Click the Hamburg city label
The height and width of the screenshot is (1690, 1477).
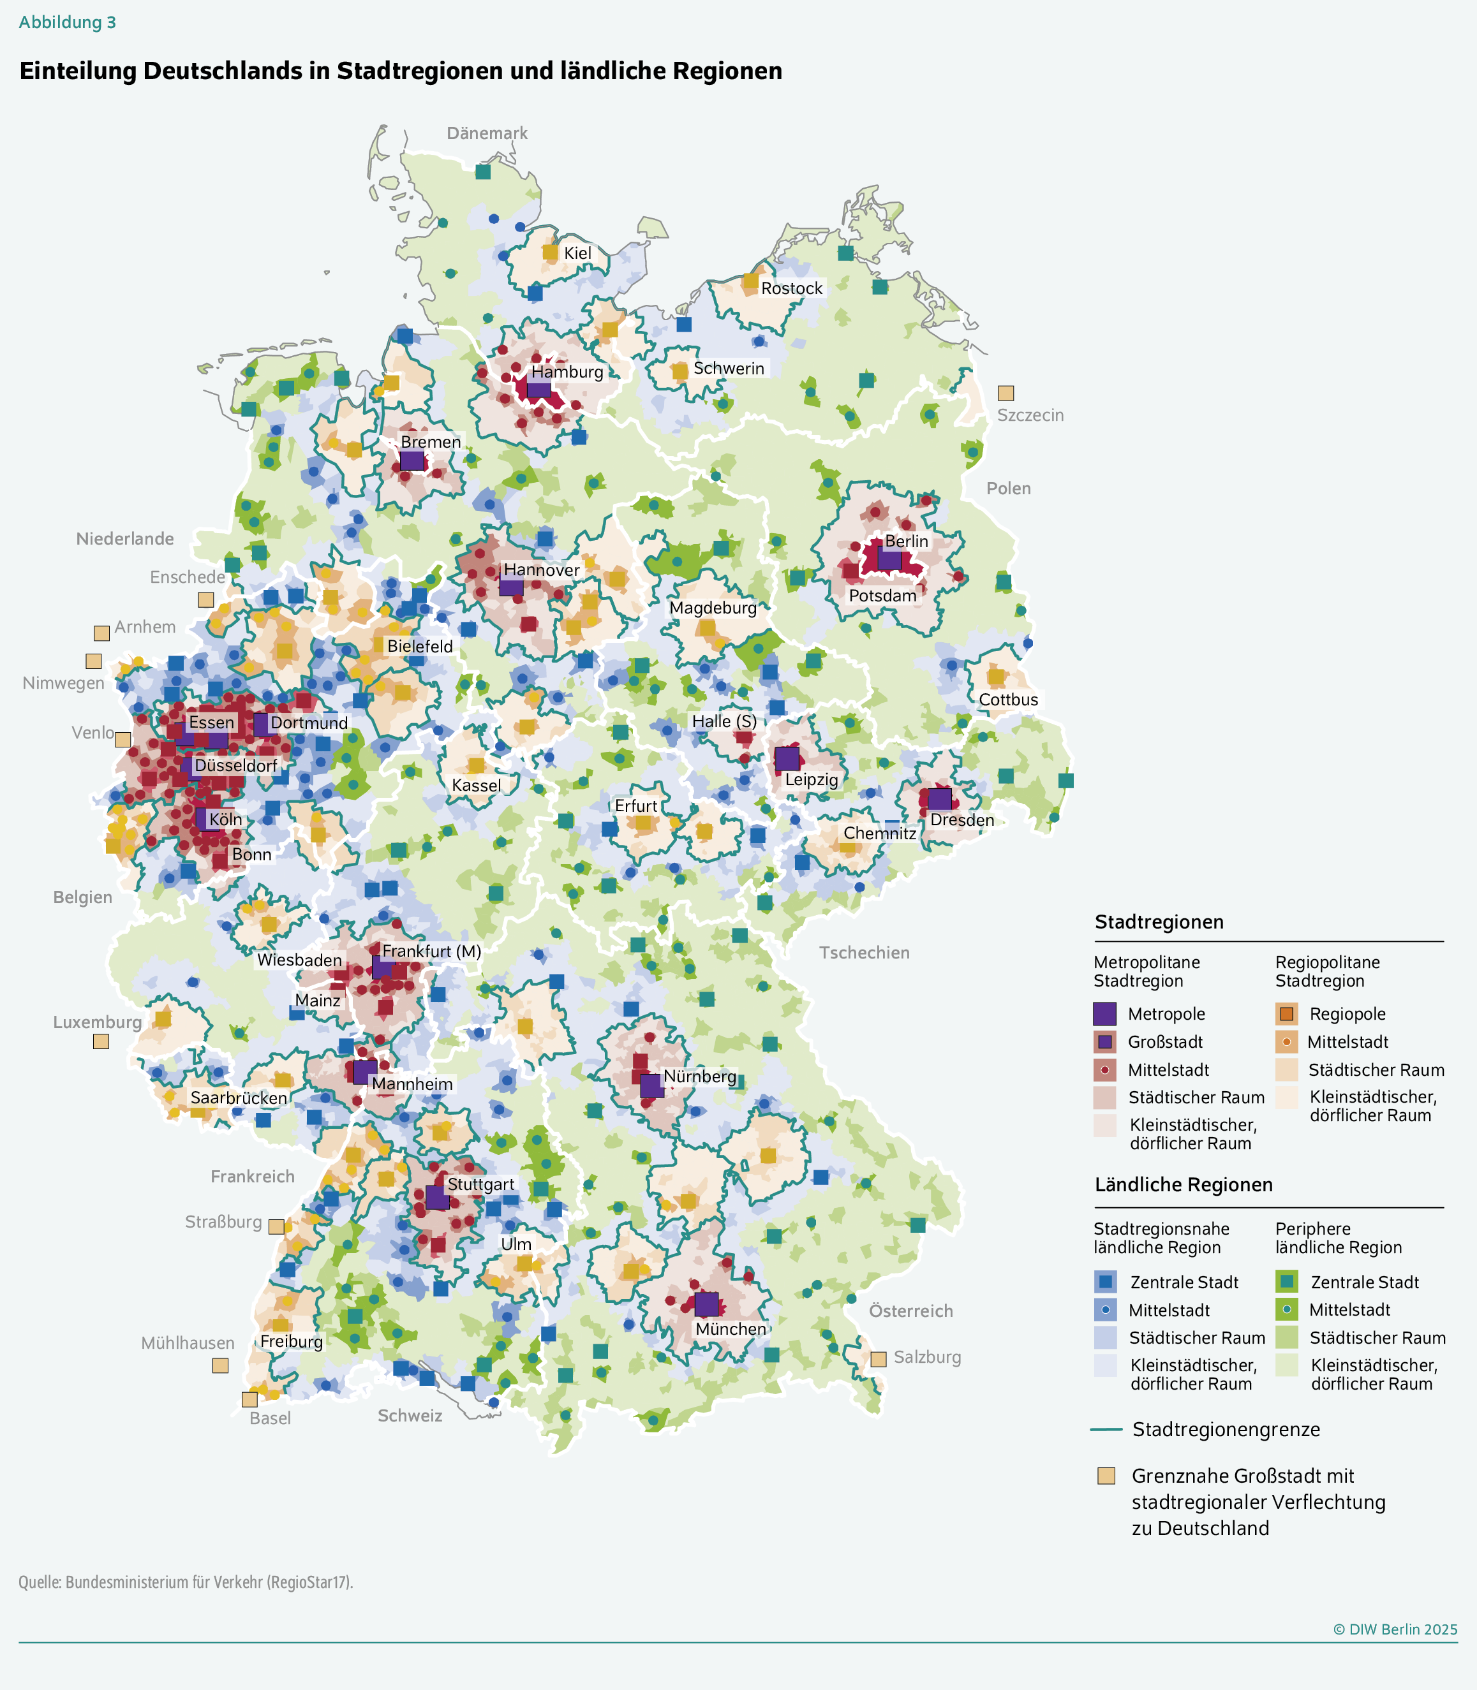[x=567, y=372]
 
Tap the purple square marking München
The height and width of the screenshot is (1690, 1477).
[x=706, y=1304]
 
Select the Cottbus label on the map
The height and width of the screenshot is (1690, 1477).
[x=1007, y=700]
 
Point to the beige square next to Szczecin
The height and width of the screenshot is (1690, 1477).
[x=1006, y=393]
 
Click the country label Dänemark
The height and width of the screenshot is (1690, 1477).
[x=486, y=133]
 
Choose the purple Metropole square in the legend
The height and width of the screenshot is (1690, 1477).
[x=1104, y=1013]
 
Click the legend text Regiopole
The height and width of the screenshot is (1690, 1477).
[x=1347, y=1013]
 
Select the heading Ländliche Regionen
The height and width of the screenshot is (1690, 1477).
[x=1183, y=1185]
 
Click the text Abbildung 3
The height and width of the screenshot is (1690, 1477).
[x=68, y=22]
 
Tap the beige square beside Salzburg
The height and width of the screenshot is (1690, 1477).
[x=879, y=1359]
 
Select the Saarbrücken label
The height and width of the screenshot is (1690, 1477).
[x=238, y=1098]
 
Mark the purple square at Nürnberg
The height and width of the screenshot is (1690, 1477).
[x=651, y=1085]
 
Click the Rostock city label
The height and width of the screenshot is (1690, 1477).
[x=791, y=288]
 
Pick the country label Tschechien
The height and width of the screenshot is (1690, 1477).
[x=864, y=953]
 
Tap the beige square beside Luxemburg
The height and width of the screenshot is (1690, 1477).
[x=101, y=1041]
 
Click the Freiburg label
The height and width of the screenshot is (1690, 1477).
[x=291, y=1341]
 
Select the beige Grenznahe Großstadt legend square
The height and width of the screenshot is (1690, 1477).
[x=1106, y=1476]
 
